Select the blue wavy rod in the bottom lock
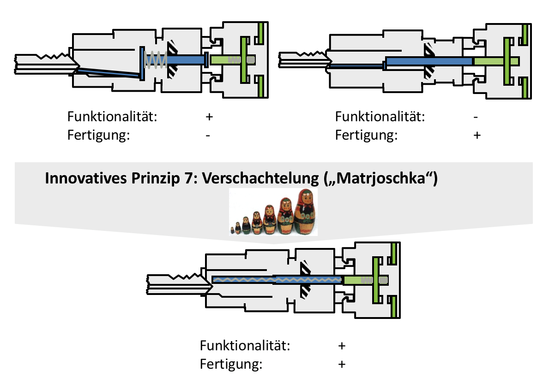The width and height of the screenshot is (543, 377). click(277, 279)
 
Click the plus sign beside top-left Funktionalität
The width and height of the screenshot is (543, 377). click(209, 117)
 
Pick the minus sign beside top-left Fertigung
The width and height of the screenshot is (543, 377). click(209, 135)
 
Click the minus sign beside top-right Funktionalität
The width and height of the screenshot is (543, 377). click(477, 117)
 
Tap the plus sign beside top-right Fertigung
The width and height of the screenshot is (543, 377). click(477, 135)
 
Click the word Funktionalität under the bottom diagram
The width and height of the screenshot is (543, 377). click(245, 346)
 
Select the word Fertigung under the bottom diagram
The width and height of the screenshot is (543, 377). click(231, 365)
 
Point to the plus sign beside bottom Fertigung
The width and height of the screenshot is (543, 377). click(342, 365)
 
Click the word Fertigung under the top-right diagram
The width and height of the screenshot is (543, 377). click(366, 135)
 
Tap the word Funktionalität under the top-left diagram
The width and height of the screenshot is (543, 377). click(112, 117)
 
